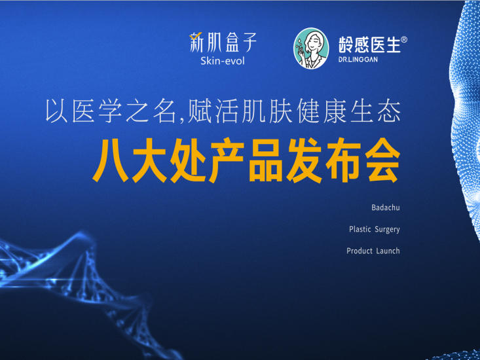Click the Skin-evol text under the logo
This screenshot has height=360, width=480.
[223, 61]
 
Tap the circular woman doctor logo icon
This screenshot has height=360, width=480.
[311, 48]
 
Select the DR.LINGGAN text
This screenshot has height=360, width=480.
[358, 60]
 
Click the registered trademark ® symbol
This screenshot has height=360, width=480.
[404, 40]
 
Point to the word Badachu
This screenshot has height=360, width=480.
[386, 207]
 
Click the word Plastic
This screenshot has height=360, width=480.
[360, 229]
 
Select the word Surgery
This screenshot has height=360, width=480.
[387, 230]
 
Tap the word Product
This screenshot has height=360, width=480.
[360, 251]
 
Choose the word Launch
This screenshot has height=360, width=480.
[388, 251]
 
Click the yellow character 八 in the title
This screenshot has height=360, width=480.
[111, 160]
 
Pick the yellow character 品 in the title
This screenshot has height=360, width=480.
[265, 160]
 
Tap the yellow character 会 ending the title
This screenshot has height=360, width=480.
[384, 160]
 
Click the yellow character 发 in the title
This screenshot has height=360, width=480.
[304, 160]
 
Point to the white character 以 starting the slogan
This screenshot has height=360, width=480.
[56, 111]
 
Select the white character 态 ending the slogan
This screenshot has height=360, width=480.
[389, 111]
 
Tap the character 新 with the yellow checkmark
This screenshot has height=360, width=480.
[196, 42]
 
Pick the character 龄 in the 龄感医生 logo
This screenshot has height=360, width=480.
[346, 45]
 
